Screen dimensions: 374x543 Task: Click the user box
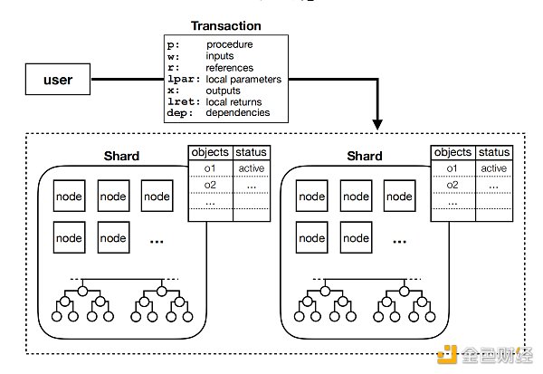[57, 80]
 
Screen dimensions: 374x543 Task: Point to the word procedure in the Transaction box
[231, 43]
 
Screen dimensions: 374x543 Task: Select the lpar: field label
[184, 79]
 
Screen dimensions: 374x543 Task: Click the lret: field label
[184, 101]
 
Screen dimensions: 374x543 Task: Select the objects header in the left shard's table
[209, 152]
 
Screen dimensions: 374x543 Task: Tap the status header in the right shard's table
[494, 152]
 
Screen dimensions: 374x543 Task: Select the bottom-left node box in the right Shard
[312, 238]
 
